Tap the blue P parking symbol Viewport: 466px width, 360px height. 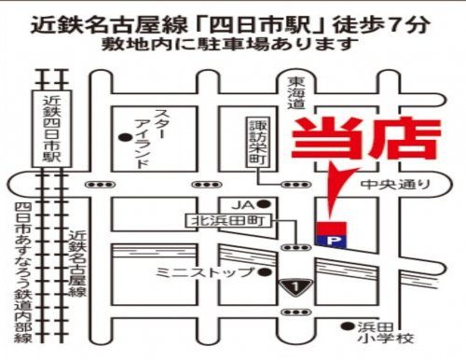click(331, 241)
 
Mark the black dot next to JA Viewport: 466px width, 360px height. click(264, 203)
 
